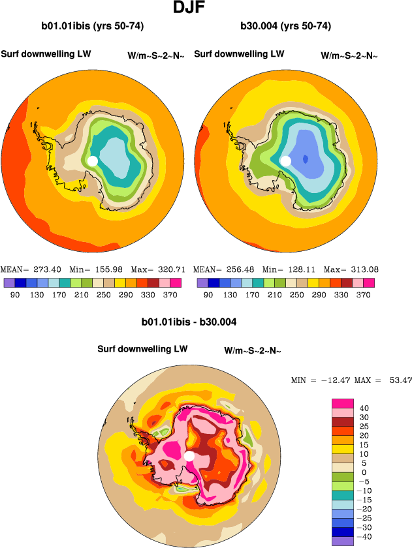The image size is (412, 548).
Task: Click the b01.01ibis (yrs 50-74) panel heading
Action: (x=92, y=27)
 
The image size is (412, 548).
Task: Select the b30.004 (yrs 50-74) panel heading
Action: (x=285, y=27)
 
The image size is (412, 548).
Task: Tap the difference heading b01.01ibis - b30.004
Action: (x=189, y=322)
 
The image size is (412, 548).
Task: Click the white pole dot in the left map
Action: (x=92, y=160)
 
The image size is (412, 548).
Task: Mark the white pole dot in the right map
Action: (x=285, y=160)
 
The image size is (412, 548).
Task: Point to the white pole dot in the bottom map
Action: (x=189, y=456)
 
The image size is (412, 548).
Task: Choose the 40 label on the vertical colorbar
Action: (x=364, y=408)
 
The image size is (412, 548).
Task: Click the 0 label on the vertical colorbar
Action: (x=364, y=472)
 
